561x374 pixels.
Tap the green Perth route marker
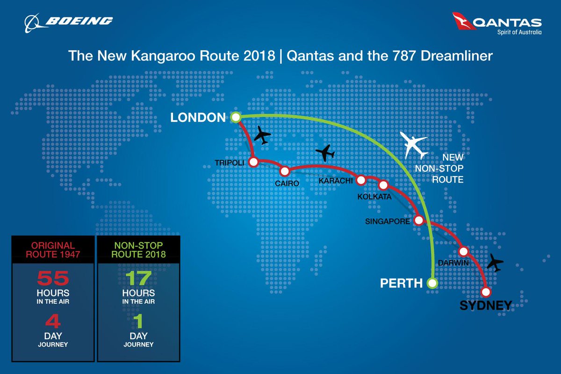432,283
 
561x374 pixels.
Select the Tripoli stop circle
253,162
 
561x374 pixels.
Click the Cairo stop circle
285,171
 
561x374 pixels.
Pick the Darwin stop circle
463,251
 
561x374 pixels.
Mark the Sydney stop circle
486,292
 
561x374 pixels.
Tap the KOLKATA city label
374,197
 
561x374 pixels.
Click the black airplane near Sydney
495,264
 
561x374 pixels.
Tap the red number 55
53,279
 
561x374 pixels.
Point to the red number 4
53,323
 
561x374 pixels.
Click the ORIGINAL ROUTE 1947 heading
53,249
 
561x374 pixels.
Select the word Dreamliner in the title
452,56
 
